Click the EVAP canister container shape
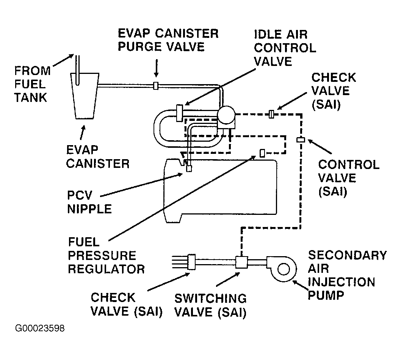click(x=85, y=96)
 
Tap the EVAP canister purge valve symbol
click(x=156, y=86)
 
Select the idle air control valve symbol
click(x=180, y=113)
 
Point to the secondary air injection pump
click(x=282, y=269)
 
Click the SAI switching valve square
click(x=241, y=262)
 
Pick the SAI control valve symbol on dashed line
click(x=301, y=140)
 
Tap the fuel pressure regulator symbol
click(x=262, y=153)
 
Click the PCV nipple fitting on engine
click(x=189, y=169)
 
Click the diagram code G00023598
click(x=40, y=328)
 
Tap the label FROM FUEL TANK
click(x=32, y=84)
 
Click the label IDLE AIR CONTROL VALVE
click(x=285, y=48)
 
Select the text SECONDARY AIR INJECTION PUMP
click(x=347, y=275)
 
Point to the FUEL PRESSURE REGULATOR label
click(x=106, y=255)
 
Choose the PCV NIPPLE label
click(x=89, y=202)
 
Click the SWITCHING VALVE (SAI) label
click(x=210, y=305)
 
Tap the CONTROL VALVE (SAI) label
click(x=349, y=178)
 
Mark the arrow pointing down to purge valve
click(x=156, y=68)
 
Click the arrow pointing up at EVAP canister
click(x=82, y=133)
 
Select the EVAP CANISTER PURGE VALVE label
click(x=168, y=40)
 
